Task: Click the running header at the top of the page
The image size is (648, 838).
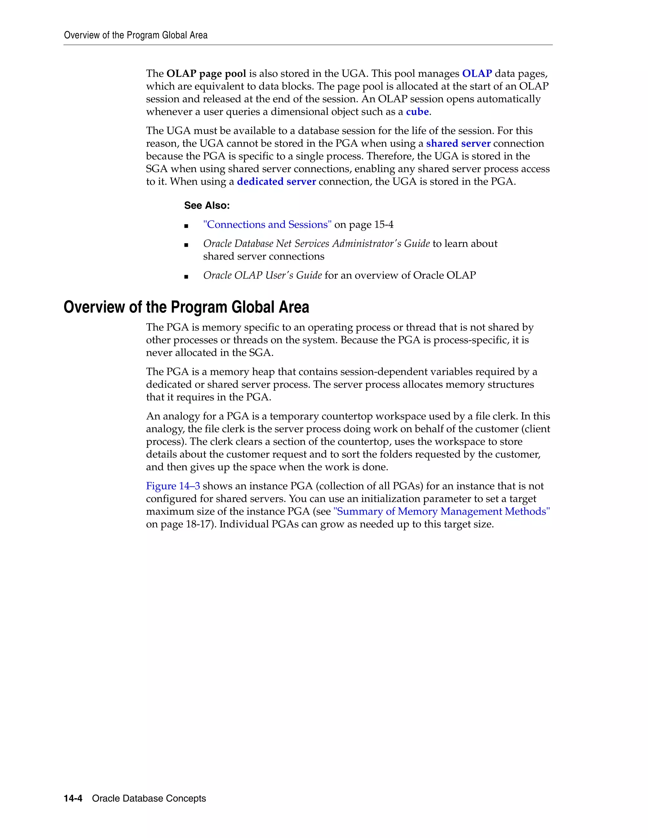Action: (x=135, y=35)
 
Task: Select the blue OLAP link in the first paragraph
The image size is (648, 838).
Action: (x=477, y=74)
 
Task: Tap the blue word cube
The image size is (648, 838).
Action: (x=417, y=112)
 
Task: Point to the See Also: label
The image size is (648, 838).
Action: (x=207, y=206)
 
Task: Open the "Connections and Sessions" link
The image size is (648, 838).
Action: (x=267, y=225)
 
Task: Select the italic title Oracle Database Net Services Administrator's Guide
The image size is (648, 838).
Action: (x=316, y=243)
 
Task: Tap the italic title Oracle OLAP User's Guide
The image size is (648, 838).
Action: (x=262, y=275)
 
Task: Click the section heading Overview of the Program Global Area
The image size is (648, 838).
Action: (x=186, y=307)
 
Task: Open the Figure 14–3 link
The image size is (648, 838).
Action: (x=173, y=486)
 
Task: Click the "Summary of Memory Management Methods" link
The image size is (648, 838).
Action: (x=441, y=511)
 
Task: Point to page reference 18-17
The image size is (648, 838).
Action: (x=199, y=524)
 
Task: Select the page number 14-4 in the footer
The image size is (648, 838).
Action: (x=73, y=798)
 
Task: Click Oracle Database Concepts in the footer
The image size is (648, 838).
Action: (x=149, y=798)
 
